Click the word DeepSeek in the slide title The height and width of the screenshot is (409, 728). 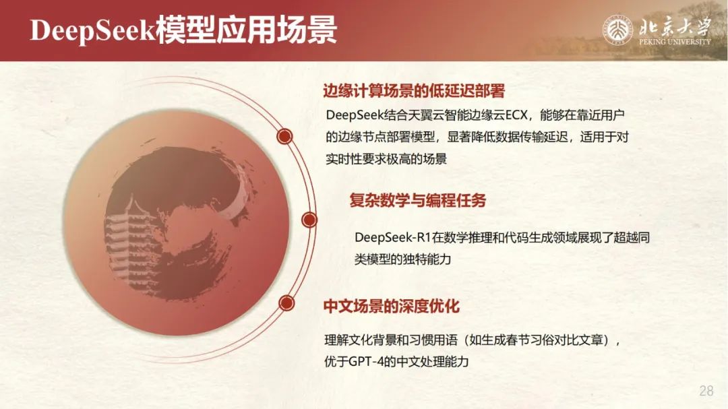click(92, 30)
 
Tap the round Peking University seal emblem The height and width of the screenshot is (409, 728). click(617, 30)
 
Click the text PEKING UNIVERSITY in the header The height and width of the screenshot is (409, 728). click(675, 42)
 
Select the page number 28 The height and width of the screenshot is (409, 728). click(706, 390)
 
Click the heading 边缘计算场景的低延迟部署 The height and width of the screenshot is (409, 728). click(414, 90)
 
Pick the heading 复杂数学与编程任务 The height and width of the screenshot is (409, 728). click(418, 200)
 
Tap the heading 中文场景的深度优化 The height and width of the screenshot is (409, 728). click(392, 306)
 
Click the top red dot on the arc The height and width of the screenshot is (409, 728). click(284, 136)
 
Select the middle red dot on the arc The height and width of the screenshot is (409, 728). click(309, 220)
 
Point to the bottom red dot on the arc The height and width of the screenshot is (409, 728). click(287, 303)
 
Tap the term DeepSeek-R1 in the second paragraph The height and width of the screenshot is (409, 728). click(393, 238)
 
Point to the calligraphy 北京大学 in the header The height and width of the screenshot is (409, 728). click(675, 27)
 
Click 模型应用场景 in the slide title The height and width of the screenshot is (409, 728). click(246, 30)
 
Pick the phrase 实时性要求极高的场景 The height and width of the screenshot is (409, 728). click(386, 159)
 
